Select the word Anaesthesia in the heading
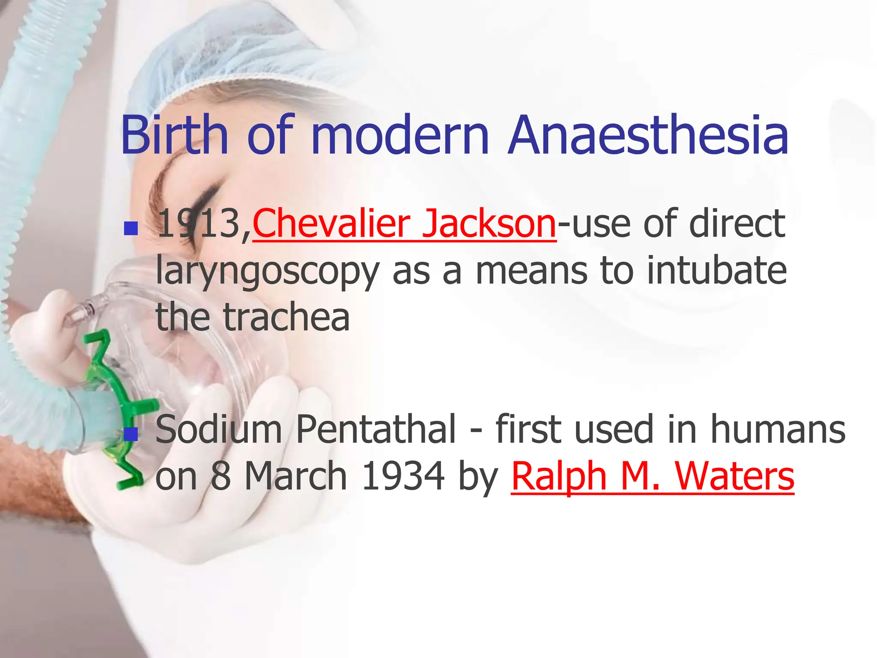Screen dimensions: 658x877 [x=647, y=135]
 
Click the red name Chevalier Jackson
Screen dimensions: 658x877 [x=404, y=224]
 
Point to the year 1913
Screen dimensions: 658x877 [x=200, y=224]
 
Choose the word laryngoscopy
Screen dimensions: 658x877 [x=267, y=272]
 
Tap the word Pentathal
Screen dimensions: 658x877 [x=376, y=429]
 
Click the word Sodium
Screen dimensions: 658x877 [x=218, y=429]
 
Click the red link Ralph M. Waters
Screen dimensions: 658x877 [x=653, y=476]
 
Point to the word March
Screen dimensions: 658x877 [x=295, y=476]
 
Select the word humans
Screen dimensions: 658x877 [x=778, y=429]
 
